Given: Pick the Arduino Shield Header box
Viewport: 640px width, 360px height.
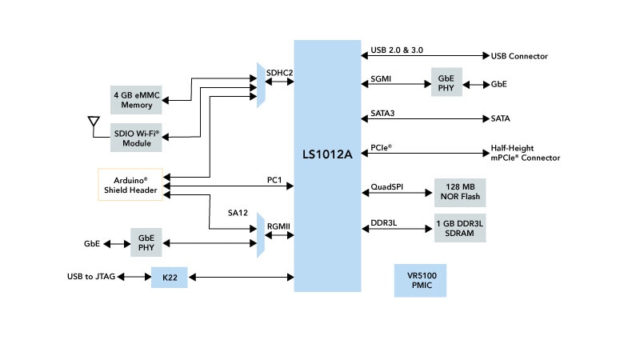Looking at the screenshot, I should [x=133, y=185].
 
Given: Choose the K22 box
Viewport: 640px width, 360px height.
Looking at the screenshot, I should [x=169, y=278].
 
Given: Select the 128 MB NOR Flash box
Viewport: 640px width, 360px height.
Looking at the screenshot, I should [x=460, y=192].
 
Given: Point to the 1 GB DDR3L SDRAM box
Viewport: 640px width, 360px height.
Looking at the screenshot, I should [x=460, y=228].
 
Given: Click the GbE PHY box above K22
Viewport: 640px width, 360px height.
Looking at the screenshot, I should [x=146, y=242].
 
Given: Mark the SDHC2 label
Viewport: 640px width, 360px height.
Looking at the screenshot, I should [x=279, y=73].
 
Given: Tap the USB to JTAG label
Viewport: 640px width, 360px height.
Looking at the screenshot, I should [x=92, y=277].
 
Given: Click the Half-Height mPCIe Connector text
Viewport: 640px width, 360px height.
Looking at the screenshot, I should [x=525, y=154].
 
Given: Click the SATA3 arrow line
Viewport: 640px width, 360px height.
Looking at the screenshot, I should [x=424, y=119].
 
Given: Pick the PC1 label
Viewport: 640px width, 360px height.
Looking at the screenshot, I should [x=275, y=180].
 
